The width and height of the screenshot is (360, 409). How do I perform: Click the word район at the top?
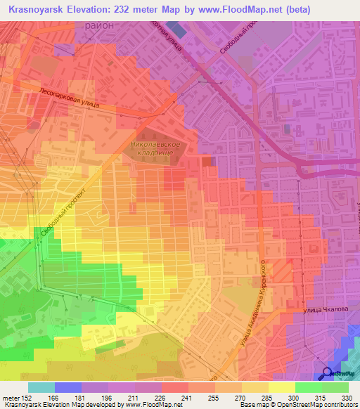coord(98,25)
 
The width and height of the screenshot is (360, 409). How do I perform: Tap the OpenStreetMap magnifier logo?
coord(328,373)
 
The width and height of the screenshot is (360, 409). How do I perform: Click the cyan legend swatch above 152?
coord(41,387)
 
